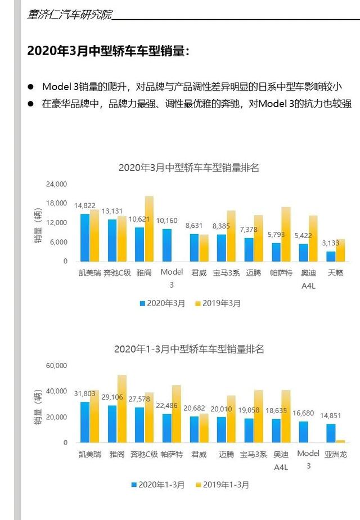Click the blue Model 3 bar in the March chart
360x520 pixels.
click(x=166, y=245)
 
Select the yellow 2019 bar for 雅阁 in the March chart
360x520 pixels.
click(x=149, y=228)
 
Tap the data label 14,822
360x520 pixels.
click(x=84, y=205)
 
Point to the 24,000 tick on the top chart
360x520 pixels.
click(x=56, y=184)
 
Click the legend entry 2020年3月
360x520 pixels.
click(x=162, y=303)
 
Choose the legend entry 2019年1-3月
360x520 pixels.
click(x=222, y=485)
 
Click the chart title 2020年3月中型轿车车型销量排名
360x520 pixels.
click(x=188, y=168)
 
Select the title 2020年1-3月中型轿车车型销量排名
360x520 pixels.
click(x=189, y=349)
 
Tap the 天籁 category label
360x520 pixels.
click(x=335, y=272)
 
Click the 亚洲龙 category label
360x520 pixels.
click(x=335, y=454)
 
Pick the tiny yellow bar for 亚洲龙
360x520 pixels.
click(x=340, y=441)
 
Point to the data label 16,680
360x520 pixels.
click(x=303, y=413)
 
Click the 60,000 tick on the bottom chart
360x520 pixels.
click(x=56, y=365)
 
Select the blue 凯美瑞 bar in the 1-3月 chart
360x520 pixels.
click(x=85, y=422)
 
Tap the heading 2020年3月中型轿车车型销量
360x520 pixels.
click(x=109, y=51)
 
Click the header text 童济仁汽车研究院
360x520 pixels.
click(x=70, y=14)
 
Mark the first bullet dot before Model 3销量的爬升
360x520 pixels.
click(x=31, y=87)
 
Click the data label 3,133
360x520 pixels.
click(x=331, y=243)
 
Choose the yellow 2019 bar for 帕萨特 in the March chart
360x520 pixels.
click(x=286, y=234)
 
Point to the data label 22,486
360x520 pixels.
click(x=166, y=406)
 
